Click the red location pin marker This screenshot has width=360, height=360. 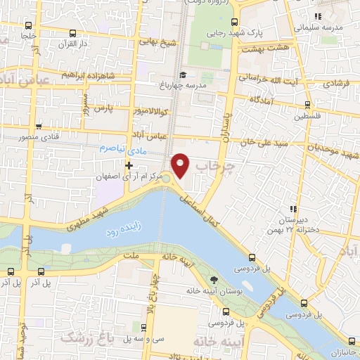(x=181, y=165)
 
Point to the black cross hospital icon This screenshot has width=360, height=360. (x=129, y=165)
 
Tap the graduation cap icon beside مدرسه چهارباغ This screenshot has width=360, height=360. (x=183, y=75)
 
